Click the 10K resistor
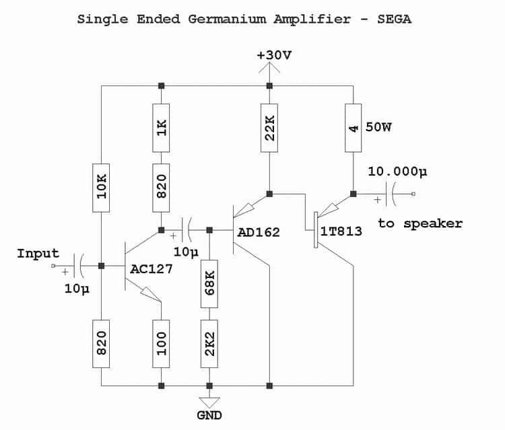click(101, 188)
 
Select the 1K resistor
click(161, 128)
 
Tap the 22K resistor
click(269, 128)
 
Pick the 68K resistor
click(209, 284)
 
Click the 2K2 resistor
click(209, 344)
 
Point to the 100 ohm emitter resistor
click(161, 344)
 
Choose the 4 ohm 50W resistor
click(353, 128)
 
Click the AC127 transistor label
click(151, 269)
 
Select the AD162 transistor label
click(259, 232)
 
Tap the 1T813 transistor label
click(341, 231)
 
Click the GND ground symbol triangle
click(209, 402)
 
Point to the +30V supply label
click(274, 55)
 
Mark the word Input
click(38, 254)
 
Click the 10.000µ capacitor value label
click(397, 172)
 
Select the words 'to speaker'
click(420, 223)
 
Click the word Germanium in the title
click(228, 19)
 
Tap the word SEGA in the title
click(395, 19)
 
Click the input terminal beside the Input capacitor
click(53, 266)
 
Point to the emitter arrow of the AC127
click(150, 293)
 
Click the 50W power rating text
click(378, 127)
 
